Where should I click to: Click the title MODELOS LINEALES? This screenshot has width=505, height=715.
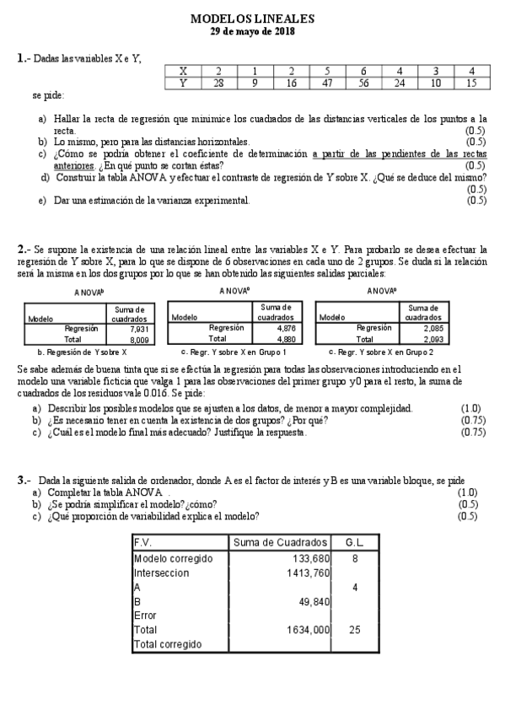[x=252, y=18]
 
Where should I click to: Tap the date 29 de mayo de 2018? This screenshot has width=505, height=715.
[x=252, y=30]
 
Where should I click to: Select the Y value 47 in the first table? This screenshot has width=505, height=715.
[x=326, y=83]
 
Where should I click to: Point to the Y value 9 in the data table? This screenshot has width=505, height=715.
[x=254, y=83]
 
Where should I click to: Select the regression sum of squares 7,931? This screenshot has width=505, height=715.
[x=138, y=329]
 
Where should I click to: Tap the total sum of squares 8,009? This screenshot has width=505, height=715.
[x=138, y=339]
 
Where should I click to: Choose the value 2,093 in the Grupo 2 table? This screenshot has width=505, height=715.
[x=429, y=337]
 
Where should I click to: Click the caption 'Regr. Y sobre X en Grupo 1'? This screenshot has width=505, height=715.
[x=234, y=351]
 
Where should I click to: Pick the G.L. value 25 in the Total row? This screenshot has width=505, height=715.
[x=354, y=629]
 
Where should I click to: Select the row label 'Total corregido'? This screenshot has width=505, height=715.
[x=169, y=644]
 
